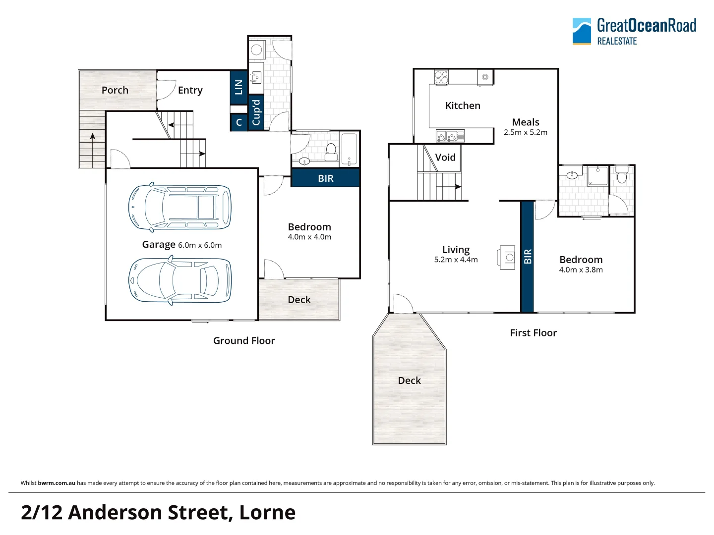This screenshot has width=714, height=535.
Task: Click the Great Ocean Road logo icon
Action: tap(582, 31)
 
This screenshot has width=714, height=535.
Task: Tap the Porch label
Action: tap(115, 90)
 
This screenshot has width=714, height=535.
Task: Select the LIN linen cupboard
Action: tap(238, 87)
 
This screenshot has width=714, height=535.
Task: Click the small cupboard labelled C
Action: tap(238, 122)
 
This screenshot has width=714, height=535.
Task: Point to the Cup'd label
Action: tap(256, 112)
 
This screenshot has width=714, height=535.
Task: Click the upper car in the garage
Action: tap(179, 207)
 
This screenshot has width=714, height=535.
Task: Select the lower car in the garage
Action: tap(179, 280)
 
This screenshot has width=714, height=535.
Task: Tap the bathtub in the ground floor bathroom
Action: tap(349, 149)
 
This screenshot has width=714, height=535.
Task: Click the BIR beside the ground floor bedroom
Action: tap(325, 178)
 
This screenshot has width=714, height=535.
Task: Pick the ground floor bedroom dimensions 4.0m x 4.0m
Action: tap(309, 237)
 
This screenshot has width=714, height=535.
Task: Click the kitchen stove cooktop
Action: tap(441, 77)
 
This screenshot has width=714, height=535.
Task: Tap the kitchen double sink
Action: tap(446, 135)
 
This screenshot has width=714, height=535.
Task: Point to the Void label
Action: tap(445, 158)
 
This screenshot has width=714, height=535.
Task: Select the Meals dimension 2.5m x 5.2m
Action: tap(526, 133)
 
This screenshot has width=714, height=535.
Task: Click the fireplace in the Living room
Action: tap(507, 258)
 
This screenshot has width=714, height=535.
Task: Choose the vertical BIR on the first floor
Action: tap(527, 256)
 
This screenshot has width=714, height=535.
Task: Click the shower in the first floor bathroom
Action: tap(597, 176)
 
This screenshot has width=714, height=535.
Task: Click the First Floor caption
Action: tap(533, 333)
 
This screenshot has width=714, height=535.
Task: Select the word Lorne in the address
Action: tap(267, 512)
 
